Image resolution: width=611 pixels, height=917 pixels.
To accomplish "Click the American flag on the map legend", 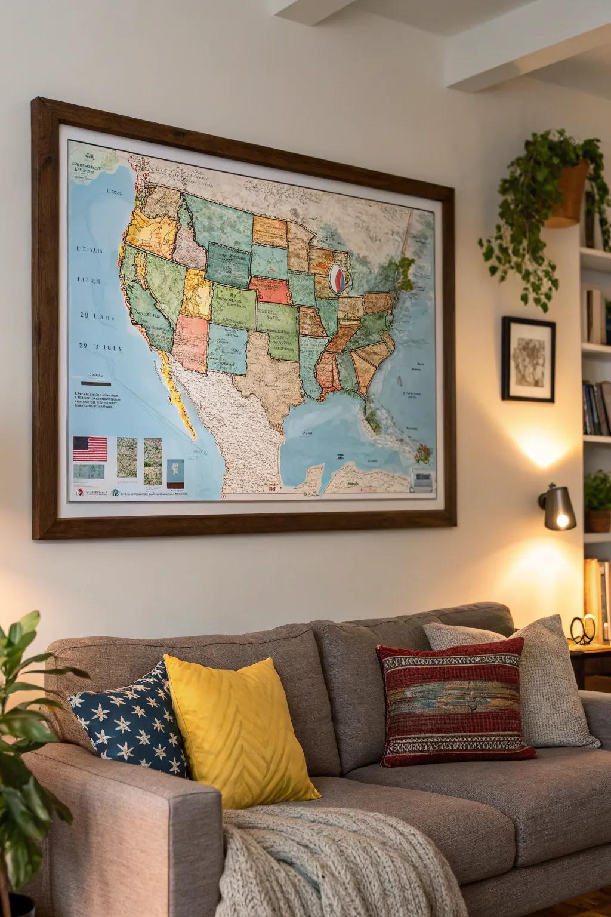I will click(x=90, y=448).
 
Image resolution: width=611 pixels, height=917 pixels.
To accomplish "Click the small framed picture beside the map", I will click(x=528, y=359).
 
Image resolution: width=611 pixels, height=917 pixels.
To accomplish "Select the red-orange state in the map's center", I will click(x=270, y=290).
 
